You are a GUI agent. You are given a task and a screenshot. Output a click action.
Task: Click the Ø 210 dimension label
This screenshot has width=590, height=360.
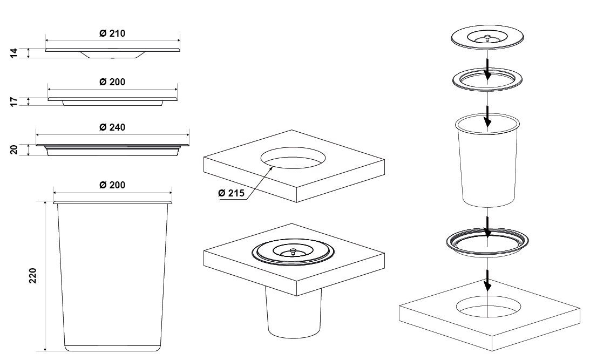pyautogui.click(x=112, y=33)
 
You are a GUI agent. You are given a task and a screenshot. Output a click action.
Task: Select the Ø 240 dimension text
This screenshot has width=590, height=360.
pyautogui.click(x=112, y=127)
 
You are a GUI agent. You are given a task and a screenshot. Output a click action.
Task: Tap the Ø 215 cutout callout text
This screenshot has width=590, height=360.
pyautogui.click(x=231, y=193)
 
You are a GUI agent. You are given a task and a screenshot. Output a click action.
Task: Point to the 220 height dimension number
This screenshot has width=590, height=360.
pyautogui.click(x=33, y=276)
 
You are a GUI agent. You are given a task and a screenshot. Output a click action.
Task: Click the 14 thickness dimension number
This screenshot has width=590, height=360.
pyautogui.click(x=13, y=53)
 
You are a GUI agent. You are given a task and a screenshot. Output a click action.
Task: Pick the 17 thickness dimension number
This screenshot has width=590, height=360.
pyautogui.click(x=13, y=101)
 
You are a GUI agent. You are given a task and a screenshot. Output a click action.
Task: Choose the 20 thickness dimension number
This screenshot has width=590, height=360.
pyautogui.click(x=13, y=150)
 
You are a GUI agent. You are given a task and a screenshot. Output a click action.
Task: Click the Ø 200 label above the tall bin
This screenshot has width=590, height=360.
pyautogui.click(x=112, y=185)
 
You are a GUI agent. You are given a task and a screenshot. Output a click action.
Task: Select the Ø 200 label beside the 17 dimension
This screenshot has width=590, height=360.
pyautogui.click(x=112, y=82)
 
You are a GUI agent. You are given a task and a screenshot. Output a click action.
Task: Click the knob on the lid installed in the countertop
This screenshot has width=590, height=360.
pyautogui.click(x=293, y=250)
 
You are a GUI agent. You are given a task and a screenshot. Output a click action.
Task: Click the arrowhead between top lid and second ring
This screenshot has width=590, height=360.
pyautogui.click(x=487, y=74)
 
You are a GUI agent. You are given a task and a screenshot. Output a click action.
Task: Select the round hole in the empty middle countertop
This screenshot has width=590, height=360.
pyautogui.click(x=293, y=158)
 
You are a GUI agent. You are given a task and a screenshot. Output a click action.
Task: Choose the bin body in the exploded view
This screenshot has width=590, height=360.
pyautogui.click(x=487, y=160)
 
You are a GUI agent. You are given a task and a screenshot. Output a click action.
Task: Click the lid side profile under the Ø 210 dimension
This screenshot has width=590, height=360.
pyautogui.click(x=112, y=53)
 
